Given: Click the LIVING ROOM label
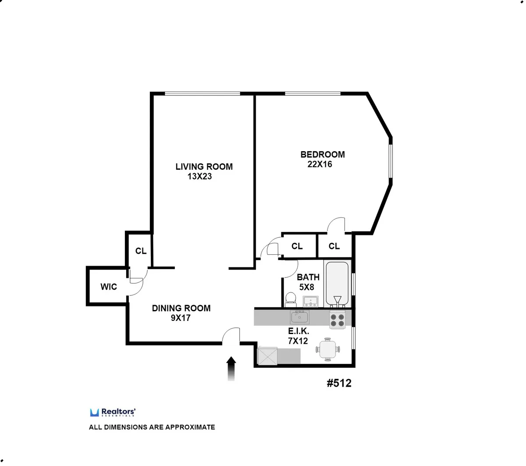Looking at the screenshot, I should click(x=204, y=167).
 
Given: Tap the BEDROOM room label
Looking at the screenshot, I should click(x=322, y=154).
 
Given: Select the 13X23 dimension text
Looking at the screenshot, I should click(x=200, y=177).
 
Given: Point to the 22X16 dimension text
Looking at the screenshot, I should click(x=320, y=164).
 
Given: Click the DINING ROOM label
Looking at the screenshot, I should click(x=181, y=308).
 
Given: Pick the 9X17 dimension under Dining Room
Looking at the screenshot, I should click(x=181, y=318).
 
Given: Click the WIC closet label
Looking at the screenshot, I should click(x=109, y=287).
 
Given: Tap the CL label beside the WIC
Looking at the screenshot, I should click(x=141, y=251).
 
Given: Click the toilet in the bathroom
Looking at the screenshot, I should click(x=290, y=299).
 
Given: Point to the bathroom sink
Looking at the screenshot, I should click(x=312, y=301).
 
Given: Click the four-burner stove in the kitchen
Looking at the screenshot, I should click(x=338, y=320).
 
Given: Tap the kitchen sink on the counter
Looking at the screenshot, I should click(x=300, y=316).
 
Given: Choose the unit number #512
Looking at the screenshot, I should click(x=339, y=383).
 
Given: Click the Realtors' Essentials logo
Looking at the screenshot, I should click(x=113, y=412).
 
